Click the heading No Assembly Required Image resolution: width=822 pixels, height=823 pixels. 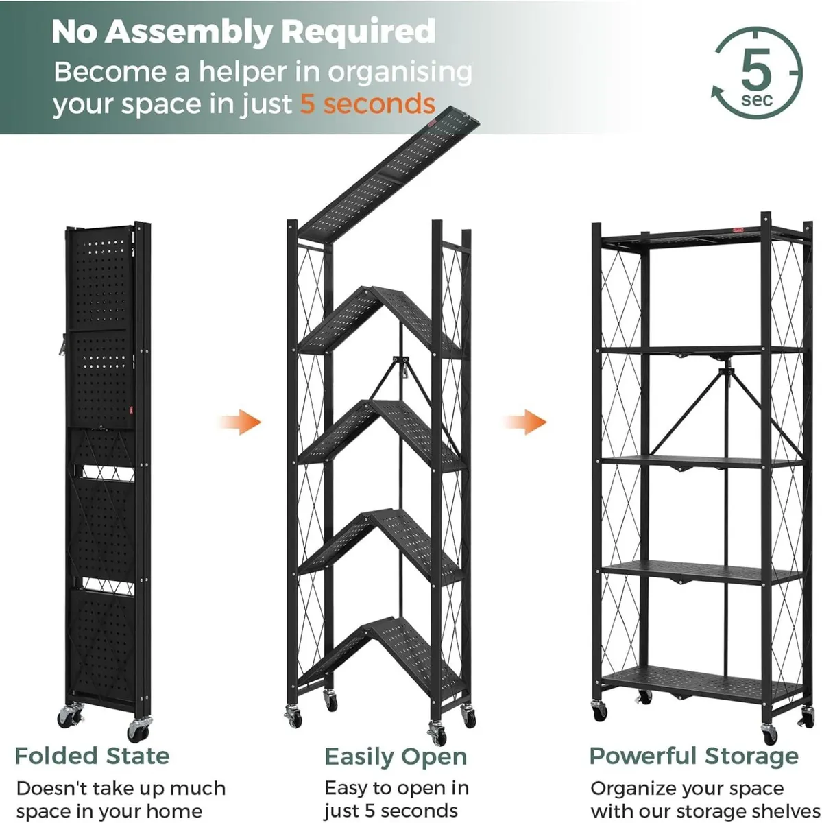tap(243, 32)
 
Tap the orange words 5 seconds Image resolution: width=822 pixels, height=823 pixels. tap(367, 104)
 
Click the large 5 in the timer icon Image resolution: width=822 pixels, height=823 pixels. tap(756, 70)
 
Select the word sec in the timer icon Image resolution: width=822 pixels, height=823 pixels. tap(757, 100)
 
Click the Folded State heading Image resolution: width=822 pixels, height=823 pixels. tap(92, 756)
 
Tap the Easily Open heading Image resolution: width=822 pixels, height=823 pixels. tap(396, 757)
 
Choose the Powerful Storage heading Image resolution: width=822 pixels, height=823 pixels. tap(694, 756)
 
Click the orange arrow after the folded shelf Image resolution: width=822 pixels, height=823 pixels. tap(241, 422)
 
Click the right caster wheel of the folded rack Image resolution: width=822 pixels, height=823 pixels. tap(140, 727)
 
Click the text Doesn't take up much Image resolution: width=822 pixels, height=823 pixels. tap(121, 788)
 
